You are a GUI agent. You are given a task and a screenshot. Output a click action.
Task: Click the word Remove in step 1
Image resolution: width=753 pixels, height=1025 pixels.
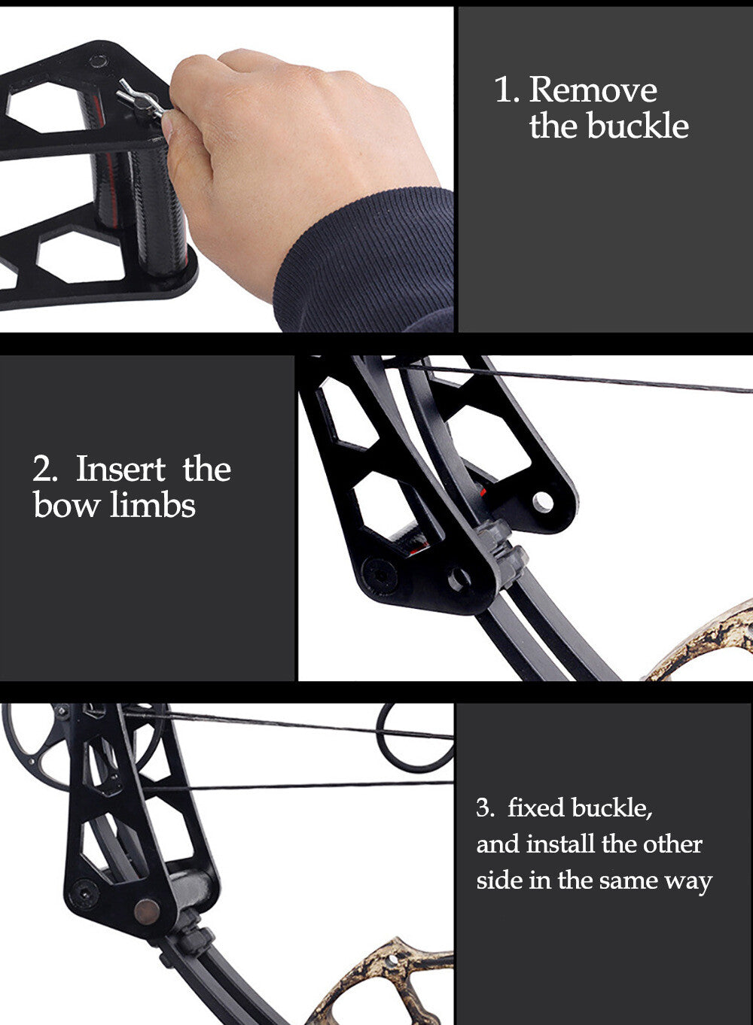click(593, 90)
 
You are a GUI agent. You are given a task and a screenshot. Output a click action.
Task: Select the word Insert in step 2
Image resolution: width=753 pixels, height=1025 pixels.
click(120, 469)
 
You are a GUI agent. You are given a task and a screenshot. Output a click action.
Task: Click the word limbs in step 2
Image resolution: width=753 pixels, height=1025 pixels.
click(153, 505)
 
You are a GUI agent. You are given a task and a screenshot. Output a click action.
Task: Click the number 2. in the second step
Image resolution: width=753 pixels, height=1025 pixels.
click(45, 470)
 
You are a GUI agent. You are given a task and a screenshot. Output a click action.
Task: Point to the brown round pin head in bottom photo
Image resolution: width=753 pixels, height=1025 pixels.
click(147, 912)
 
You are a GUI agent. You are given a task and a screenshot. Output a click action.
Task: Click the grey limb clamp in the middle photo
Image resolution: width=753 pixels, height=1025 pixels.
click(502, 555)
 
